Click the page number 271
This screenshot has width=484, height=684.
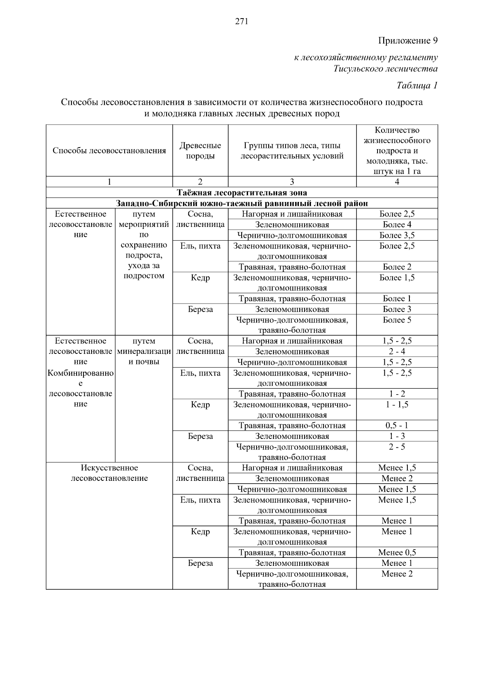(x=242, y=22)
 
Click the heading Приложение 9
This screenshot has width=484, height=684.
(x=408, y=41)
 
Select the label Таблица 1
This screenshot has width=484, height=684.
(x=417, y=85)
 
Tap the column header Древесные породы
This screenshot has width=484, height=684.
(x=200, y=151)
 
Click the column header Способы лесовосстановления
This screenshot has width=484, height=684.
(x=109, y=151)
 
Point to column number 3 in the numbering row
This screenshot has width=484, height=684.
(x=292, y=182)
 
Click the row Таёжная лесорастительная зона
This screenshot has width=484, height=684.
(x=242, y=193)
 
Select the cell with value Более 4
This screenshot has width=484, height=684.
(x=397, y=225)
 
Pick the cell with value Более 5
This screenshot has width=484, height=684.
(x=397, y=320)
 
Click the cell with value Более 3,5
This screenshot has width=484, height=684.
(x=397, y=235)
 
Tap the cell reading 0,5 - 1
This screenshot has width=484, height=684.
(x=397, y=426)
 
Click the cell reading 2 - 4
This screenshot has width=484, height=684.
(x=397, y=351)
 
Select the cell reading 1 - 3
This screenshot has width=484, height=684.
(x=397, y=436)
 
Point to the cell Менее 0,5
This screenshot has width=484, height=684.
(x=397, y=553)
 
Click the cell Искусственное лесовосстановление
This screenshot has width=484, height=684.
(x=109, y=473)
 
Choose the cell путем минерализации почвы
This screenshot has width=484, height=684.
(x=144, y=351)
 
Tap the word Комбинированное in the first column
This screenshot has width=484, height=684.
(x=81, y=373)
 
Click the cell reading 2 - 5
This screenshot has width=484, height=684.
(x=397, y=447)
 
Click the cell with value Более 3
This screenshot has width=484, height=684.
(x=397, y=310)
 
